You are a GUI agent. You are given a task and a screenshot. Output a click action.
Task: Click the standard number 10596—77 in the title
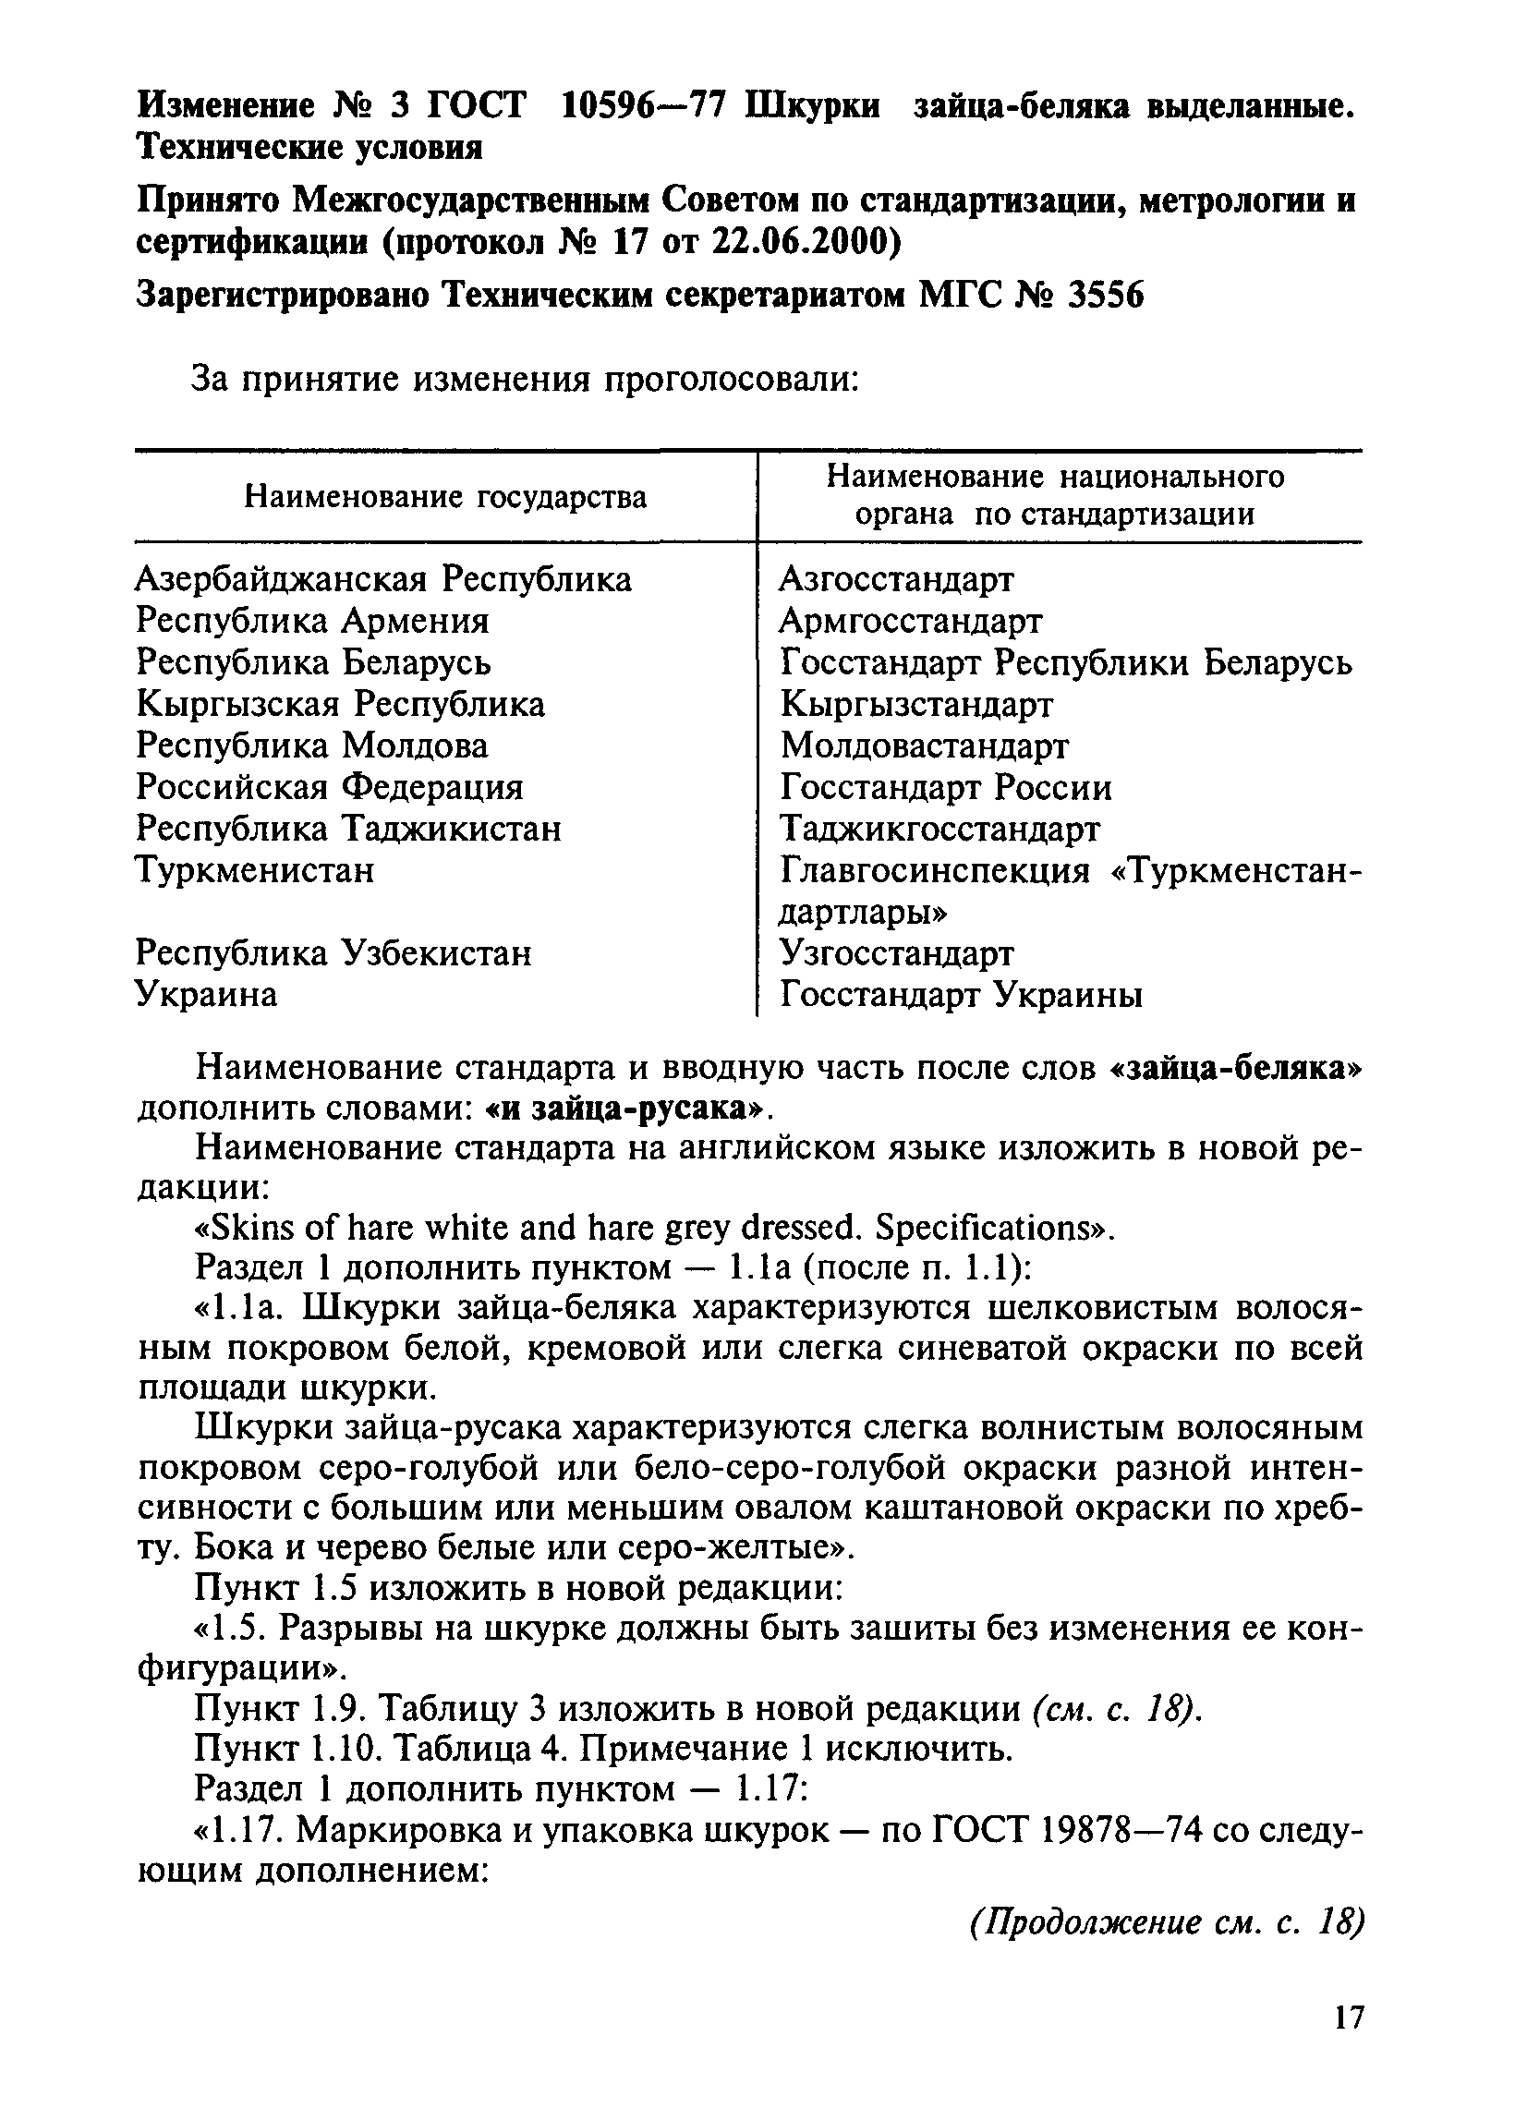(x=643, y=106)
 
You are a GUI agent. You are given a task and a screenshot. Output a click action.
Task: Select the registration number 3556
(x=1105, y=296)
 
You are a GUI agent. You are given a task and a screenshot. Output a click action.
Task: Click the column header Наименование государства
(x=445, y=497)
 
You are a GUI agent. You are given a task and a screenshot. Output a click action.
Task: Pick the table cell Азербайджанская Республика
(x=383, y=579)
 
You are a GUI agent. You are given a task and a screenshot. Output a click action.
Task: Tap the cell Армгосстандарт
(x=911, y=620)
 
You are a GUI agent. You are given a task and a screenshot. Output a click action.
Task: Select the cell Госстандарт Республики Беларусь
(x=1065, y=662)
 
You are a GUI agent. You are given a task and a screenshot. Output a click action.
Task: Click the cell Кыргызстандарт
(x=916, y=704)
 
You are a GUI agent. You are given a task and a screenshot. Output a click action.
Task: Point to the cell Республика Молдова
(x=311, y=745)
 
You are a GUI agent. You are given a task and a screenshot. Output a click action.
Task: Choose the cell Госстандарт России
(x=946, y=788)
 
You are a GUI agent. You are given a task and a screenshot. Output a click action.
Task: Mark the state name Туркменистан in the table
(x=255, y=870)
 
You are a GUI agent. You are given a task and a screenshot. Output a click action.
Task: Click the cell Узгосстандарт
(x=896, y=953)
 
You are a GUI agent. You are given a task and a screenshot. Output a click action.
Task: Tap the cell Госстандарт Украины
(x=961, y=995)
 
